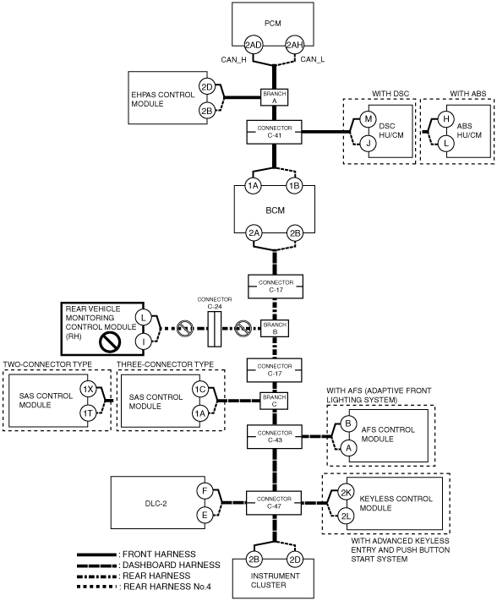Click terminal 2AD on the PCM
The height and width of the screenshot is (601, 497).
(254, 46)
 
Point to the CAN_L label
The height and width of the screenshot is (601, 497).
(312, 59)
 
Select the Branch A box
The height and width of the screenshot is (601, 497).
(275, 97)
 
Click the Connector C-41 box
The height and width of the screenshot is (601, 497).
(275, 132)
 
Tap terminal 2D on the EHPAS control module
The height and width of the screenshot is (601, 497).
(207, 87)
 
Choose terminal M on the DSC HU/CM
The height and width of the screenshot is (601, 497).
(369, 119)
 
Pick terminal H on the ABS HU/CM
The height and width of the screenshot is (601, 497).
(446, 119)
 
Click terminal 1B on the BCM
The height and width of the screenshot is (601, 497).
(294, 186)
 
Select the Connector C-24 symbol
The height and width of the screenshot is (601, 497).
(215, 329)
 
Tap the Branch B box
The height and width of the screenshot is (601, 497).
(275, 329)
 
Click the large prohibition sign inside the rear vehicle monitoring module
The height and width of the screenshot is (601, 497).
(111, 341)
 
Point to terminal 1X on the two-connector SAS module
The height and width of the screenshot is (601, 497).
(88, 390)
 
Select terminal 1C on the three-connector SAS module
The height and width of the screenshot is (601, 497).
(200, 390)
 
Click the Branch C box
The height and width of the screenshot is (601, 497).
(275, 401)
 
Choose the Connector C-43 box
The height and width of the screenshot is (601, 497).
(275, 436)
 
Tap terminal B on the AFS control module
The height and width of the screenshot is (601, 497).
(348, 423)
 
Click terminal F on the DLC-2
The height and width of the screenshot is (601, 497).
(205, 491)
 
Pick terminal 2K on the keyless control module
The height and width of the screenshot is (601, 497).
(346, 493)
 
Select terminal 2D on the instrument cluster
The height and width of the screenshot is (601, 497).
(295, 560)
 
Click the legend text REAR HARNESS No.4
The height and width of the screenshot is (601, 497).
(167, 587)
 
